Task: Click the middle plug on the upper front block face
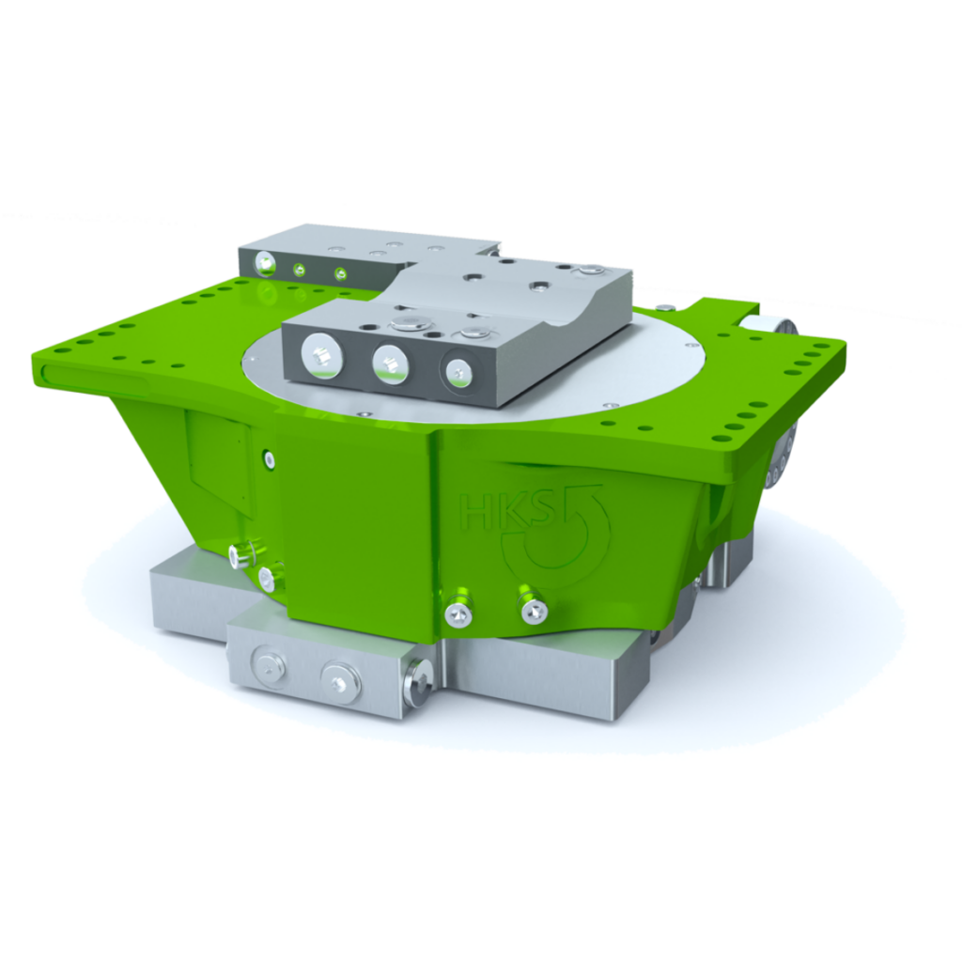[391, 364]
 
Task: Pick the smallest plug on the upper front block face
[459, 371]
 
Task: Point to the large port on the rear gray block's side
[265, 264]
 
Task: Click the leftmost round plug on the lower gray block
[271, 669]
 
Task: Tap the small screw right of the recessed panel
[270, 460]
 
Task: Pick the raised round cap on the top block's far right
[589, 271]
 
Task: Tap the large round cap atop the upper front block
[406, 324]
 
